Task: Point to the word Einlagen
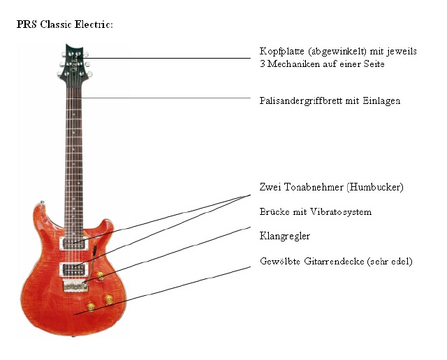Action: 381,101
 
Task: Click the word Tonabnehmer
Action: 314,187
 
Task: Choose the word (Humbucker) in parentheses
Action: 375,188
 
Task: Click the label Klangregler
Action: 284,236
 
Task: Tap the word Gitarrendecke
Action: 334,261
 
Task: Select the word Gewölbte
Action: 280,261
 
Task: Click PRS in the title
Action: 27,24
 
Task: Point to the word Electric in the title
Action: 94,24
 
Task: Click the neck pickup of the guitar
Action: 74,243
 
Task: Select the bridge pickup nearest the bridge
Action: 74,269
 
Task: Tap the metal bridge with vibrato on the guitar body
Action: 75,285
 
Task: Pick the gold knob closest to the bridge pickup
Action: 100,275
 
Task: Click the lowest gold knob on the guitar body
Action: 91,306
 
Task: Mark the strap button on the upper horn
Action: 42,202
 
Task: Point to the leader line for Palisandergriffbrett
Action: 163,98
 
